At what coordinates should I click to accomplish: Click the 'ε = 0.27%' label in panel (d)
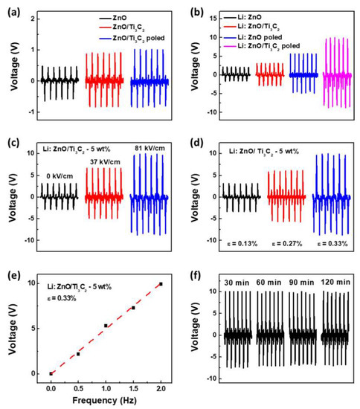click(284, 242)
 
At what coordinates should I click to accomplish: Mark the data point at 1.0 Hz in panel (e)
click(106, 325)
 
